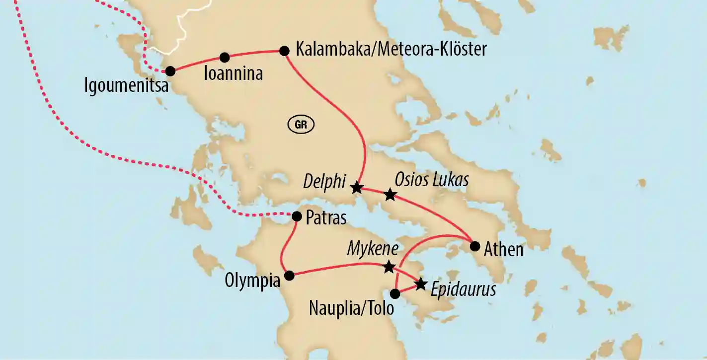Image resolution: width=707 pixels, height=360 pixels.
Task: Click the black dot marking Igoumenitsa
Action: click(x=170, y=71)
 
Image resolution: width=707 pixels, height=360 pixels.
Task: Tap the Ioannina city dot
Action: click(x=225, y=57)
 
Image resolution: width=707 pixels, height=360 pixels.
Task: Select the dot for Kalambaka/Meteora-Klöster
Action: click(x=284, y=50)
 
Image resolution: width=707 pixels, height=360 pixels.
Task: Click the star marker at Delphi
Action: click(x=356, y=188)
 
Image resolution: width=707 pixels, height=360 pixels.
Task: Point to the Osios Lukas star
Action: click(x=390, y=195)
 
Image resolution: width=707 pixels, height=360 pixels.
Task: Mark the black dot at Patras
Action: click(x=297, y=216)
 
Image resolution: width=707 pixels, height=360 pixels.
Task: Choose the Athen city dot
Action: click(x=474, y=245)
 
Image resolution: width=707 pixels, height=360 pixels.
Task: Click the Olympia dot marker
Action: click(x=288, y=275)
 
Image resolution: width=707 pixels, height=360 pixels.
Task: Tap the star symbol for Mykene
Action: click(x=389, y=268)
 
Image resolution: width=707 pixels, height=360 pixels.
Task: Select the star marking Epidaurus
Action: click(x=420, y=284)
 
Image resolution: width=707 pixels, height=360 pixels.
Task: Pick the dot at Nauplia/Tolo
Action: click(x=395, y=293)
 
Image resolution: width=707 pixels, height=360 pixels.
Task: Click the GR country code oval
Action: click(x=301, y=125)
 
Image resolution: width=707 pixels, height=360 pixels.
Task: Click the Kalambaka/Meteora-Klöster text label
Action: click(x=391, y=49)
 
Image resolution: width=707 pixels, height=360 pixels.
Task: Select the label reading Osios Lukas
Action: click(x=431, y=180)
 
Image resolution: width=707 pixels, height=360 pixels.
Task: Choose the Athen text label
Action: click(x=504, y=249)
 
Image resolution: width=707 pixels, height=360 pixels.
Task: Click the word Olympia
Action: click(x=252, y=281)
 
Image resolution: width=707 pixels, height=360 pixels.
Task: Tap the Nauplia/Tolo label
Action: click(x=351, y=308)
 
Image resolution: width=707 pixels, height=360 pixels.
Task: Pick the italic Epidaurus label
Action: click(x=463, y=289)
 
